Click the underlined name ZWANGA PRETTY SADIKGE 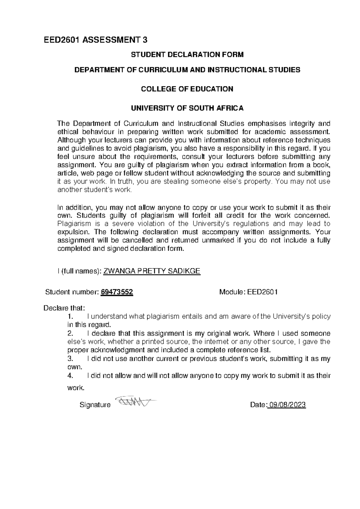coord(151,271)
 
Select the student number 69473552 coord(117,292)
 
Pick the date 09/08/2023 coord(287,405)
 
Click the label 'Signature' coord(95,405)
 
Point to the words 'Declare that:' coord(64,308)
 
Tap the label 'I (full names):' coord(79,271)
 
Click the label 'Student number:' coord(71,292)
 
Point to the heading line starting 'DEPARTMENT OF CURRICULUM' coord(187,70)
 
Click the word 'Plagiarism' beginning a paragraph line coord(73,224)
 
